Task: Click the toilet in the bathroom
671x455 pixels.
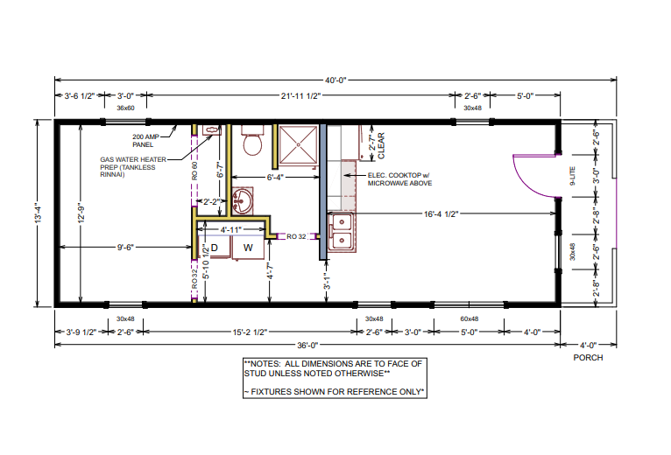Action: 252,140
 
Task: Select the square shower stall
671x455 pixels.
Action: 298,144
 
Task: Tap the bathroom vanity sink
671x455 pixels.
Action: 243,201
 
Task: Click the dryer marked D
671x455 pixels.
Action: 214,247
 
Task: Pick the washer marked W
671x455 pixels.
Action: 248,247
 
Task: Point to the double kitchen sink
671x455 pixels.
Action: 342,233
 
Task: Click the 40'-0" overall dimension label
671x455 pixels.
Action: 335,80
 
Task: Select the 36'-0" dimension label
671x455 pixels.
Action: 307,345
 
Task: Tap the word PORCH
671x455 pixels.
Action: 588,358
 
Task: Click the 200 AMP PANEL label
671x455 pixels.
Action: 145,141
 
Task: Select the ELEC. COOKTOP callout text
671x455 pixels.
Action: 399,179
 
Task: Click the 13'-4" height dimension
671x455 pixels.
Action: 38,213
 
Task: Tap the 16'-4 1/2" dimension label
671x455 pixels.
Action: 441,213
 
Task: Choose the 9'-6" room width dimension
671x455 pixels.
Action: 125,247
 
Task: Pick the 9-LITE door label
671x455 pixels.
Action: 573,175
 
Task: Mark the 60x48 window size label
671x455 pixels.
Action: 469,318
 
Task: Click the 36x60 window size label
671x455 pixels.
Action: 125,108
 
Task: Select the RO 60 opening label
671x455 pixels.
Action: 194,171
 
